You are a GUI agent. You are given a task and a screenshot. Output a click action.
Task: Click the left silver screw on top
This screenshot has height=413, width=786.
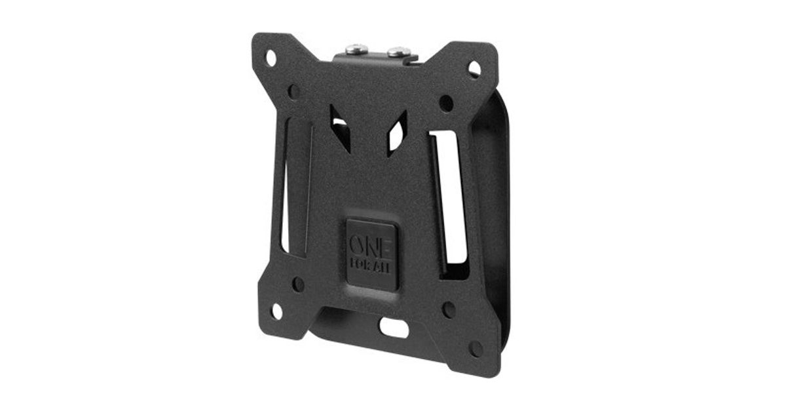click(356, 49)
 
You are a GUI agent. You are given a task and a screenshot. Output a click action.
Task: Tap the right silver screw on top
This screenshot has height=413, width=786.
click(399, 52)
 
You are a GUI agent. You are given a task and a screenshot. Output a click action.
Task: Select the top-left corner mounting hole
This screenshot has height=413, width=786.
click(271, 58)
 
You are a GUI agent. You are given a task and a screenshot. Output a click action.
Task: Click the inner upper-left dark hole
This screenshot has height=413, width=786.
click(294, 92)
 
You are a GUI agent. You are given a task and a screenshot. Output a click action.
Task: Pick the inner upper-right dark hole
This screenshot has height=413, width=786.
click(446, 104)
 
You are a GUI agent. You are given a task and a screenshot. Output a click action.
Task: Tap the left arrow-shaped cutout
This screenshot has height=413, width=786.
click(340, 128)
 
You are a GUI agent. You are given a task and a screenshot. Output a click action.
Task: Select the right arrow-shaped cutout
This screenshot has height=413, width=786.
click(397, 134)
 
